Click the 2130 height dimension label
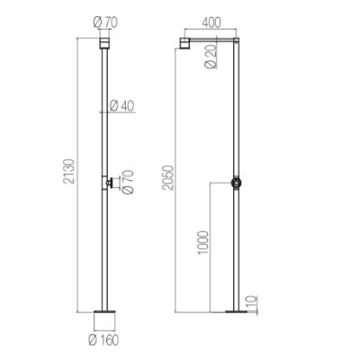(x=68, y=171)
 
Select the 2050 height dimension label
(x=167, y=177)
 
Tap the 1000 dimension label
(x=203, y=242)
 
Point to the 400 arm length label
(x=211, y=22)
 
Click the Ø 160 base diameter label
(x=104, y=340)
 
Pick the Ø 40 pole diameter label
(x=122, y=106)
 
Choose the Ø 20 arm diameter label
(x=211, y=57)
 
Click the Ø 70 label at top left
(x=105, y=22)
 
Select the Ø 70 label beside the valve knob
(x=128, y=182)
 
